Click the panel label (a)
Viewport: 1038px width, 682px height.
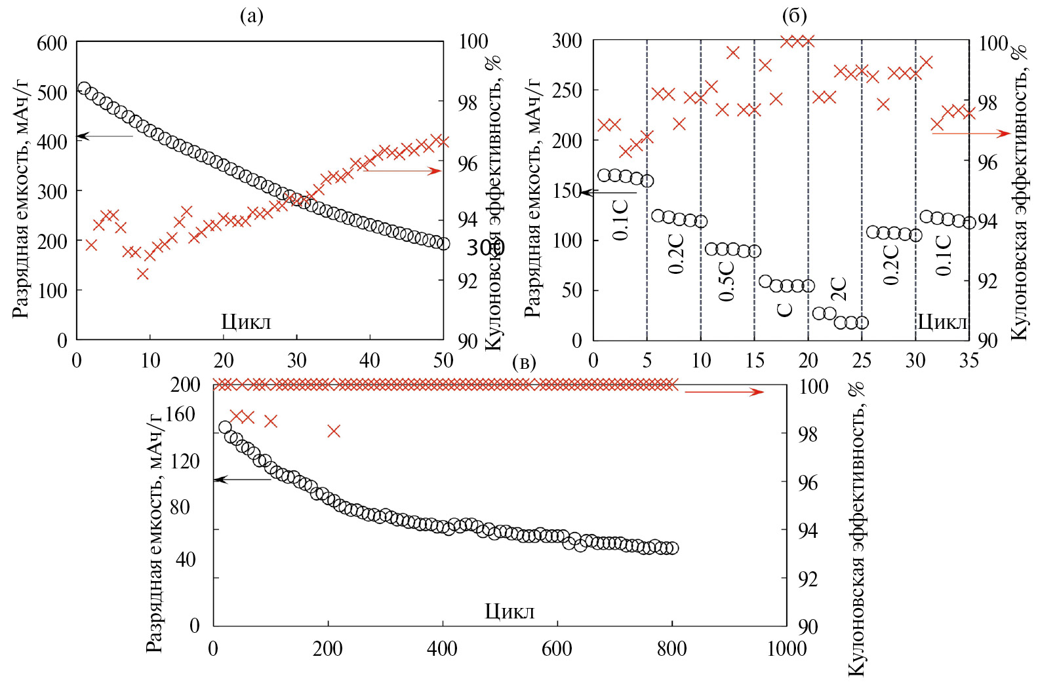click(x=251, y=16)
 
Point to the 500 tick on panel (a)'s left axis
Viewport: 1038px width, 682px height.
click(x=52, y=92)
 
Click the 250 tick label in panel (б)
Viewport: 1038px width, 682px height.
click(x=567, y=90)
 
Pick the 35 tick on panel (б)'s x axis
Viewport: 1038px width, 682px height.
click(x=968, y=360)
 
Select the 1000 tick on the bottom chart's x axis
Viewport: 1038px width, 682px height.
click(x=786, y=649)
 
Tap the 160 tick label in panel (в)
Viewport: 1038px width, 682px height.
click(x=180, y=414)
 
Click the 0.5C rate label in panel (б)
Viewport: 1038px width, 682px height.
click(x=727, y=281)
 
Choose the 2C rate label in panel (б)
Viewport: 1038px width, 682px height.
click(x=839, y=289)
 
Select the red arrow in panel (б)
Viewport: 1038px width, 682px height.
click(x=970, y=134)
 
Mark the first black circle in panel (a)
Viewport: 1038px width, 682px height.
click(x=84, y=88)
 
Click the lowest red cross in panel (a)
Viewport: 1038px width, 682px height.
click(x=143, y=274)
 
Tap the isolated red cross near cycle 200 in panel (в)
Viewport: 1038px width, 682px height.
click(x=334, y=430)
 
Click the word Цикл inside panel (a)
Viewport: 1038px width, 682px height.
click(x=246, y=322)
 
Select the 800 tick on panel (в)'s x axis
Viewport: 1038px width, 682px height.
click(x=671, y=649)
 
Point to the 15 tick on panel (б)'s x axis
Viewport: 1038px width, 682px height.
click(x=755, y=360)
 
